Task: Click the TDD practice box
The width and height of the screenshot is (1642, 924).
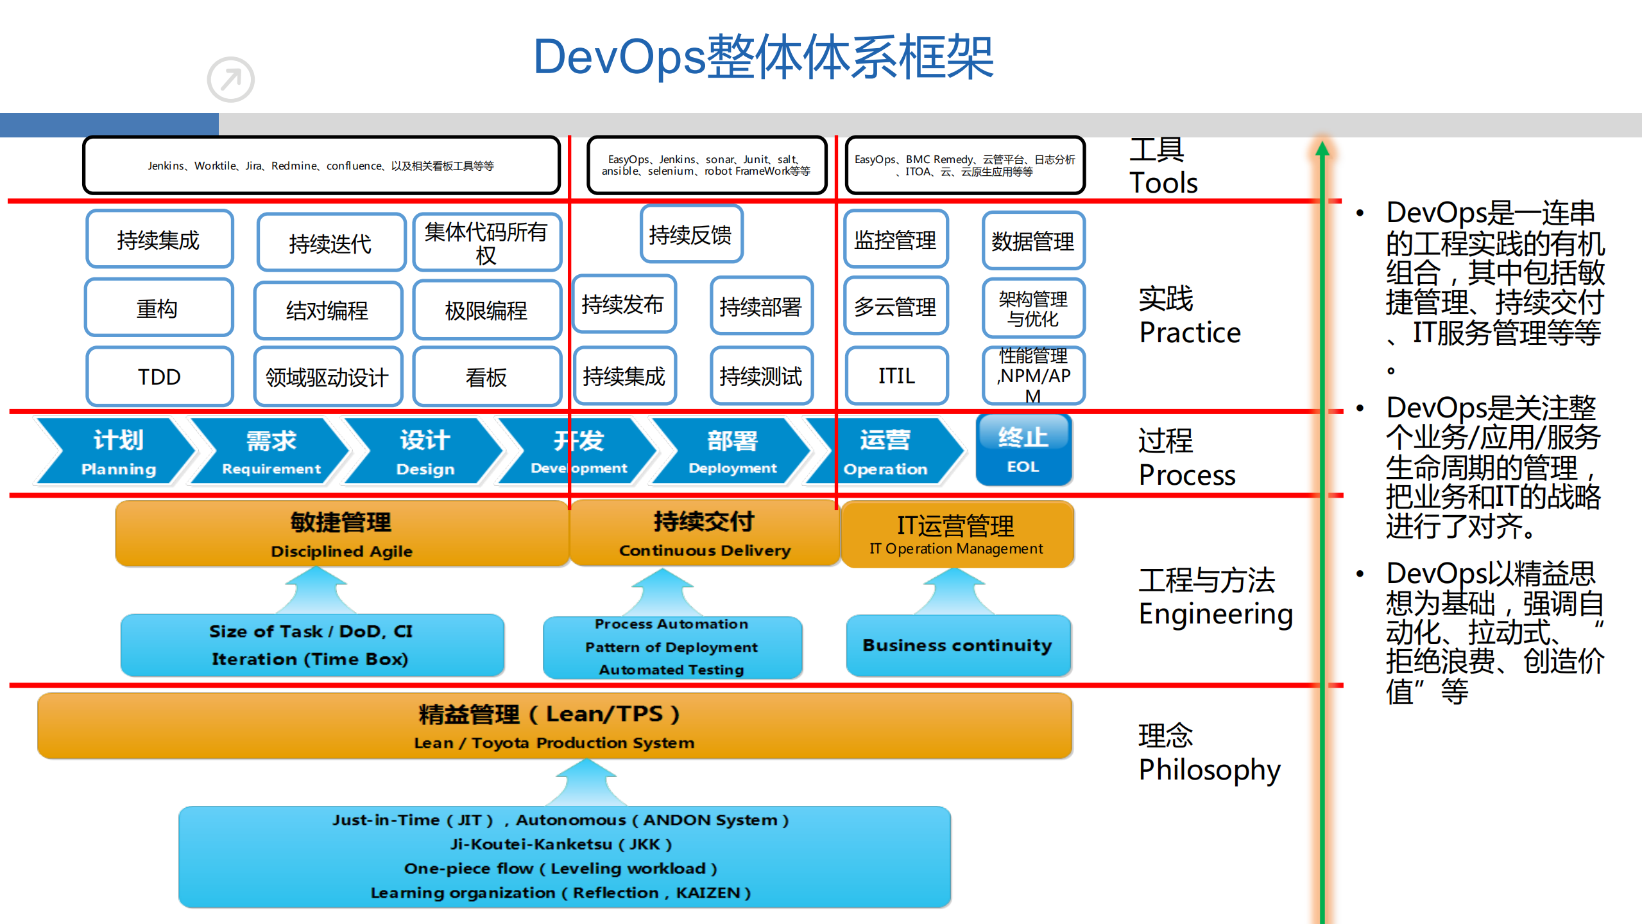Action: click(159, 376)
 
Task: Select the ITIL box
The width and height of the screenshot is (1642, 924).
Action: click(896, 376)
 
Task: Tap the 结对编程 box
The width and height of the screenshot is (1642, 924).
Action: click(327, 310)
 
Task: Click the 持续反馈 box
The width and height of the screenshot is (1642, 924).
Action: click(690, 234)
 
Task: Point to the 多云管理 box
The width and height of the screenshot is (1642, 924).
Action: click(895, 306)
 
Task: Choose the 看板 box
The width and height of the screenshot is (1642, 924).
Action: click(486, 377)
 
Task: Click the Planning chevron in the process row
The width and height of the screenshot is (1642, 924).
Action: click(115, 451)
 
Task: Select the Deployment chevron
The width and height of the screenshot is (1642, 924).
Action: click(731, 451)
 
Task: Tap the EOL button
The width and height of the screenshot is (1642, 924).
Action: click(1023, 450)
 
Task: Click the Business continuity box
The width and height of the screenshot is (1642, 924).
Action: click(957, 645)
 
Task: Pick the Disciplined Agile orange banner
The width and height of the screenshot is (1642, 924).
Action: click(341, 534)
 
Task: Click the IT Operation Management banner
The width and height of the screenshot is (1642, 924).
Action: click(956, 534)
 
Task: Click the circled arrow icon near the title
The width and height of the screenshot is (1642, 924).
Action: click(230, 80)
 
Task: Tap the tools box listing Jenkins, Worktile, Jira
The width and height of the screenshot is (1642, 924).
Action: click(321, 166)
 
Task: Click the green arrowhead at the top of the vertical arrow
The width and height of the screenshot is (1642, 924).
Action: click(1322, 150)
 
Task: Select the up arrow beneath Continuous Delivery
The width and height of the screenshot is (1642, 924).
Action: click(663, 591)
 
